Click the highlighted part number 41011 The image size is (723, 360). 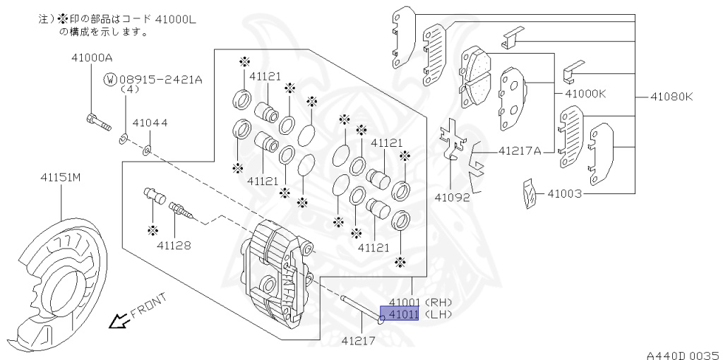pyautogui.click(x=400, y=313)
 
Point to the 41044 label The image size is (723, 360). pyautogui.click(x=150, y=123)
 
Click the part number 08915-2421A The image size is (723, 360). pyautogui.click(x=161, y=80)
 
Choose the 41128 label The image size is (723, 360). pyautogui.click(x=174, y=246)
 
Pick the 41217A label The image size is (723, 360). pyautogui.click(x=520, y=150)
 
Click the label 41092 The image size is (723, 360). pyautogui.click(x=453, y=198)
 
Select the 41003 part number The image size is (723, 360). pyautogui.click(x=563, y=192)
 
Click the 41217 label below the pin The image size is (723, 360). pyautogui.click(x=359, y=341)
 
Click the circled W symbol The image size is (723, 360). pyautogui.click(x=110, y=80)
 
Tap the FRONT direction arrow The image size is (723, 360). pyautogui.click(x=118, y=322)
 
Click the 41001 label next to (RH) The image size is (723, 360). pyautogui.click(x=400, y=302)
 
